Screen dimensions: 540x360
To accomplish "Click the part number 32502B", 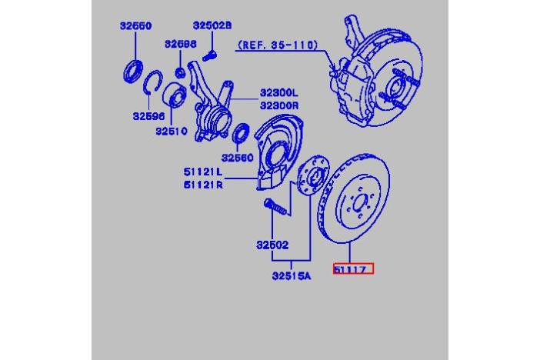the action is point(212,25).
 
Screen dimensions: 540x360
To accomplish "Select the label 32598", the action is point(180,44).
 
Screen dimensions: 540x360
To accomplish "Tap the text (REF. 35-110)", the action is point(277,45).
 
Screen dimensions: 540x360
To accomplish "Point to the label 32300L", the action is point(279,93).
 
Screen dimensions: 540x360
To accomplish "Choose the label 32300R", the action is point(279,105).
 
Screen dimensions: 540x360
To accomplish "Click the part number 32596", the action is point(148,116).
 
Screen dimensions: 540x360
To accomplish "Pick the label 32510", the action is point(172,132).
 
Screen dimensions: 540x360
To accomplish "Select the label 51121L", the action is point(203,172).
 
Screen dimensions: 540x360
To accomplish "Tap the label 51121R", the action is point(203,185).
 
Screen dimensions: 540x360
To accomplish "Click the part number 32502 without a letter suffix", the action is point(272,245).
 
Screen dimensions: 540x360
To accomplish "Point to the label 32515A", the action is point(292,276).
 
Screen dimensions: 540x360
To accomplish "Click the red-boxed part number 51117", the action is point(353,269).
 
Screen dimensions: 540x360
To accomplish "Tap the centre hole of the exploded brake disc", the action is point(358,203).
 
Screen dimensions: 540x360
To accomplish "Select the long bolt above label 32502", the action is point(275,206).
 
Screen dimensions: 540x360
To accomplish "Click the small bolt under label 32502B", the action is point(210,55).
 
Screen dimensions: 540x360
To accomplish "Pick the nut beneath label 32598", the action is point(180,72).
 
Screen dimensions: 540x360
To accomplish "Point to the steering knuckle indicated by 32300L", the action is point(211,103).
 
